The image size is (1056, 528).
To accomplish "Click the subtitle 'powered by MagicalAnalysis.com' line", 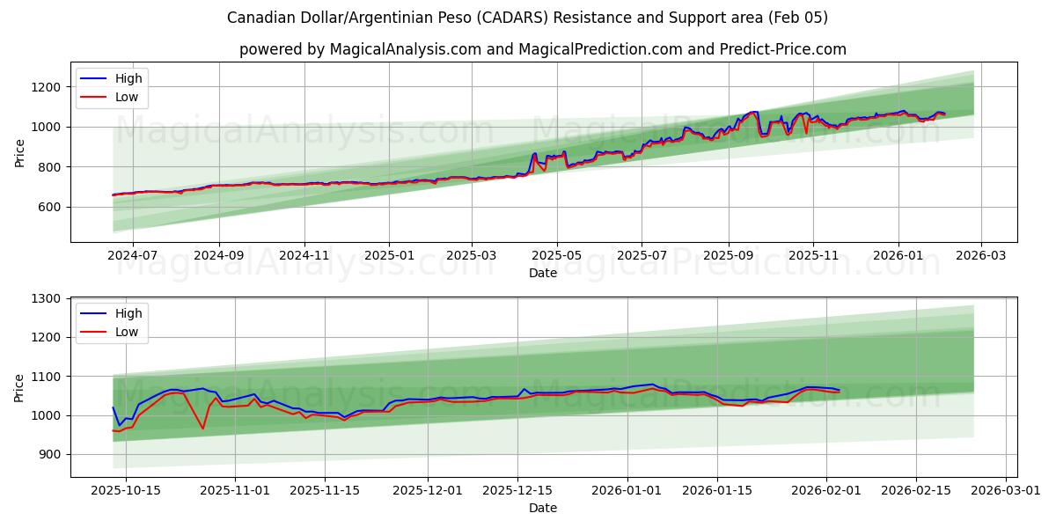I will click(x=542, y=49).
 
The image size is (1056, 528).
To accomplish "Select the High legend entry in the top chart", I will click(x=128, y=78).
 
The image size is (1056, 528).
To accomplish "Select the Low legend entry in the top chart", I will click(x=127, y=97).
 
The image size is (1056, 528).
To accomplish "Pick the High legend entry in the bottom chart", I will click(x=128, y=313).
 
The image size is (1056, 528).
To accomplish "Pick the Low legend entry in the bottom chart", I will click(x=127, y=332).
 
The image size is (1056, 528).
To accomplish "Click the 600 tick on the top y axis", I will click(x=51, y=207).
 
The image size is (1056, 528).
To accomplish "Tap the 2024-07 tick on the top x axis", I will click(x=132, y=255).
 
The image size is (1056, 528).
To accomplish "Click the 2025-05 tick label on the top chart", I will click(x=557, y=255).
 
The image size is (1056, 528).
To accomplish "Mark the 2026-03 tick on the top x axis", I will click(x=981, y=255).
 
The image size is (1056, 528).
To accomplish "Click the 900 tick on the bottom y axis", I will click(x=51, y=454).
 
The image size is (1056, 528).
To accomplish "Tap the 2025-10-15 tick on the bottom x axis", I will click(x=125, y=490).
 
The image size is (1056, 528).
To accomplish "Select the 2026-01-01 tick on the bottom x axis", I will click(x=627, y=490).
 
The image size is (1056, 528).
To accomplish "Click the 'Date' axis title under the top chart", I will click(x=542, y=273).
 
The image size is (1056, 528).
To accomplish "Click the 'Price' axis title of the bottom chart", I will click(x=19, y=387).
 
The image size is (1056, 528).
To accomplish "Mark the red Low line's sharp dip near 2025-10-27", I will click(x=203, y=429).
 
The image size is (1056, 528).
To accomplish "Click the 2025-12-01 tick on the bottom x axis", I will click(x=428, y=490).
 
